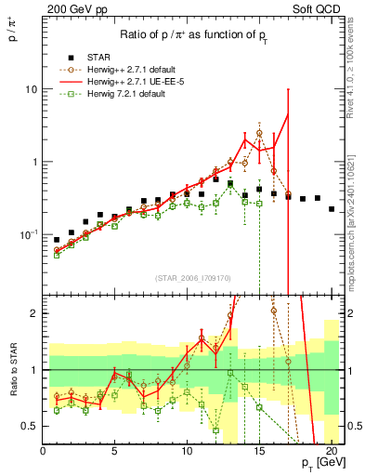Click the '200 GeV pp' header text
coord(75,8)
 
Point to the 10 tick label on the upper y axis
coord(31,89)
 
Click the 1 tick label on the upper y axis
coord(34,162)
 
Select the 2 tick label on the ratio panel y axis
coord(33,313)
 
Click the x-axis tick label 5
coord(115,453)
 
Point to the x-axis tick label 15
coord(259,453)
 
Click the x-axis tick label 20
coord(332,453)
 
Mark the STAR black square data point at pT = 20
coord(332,209)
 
